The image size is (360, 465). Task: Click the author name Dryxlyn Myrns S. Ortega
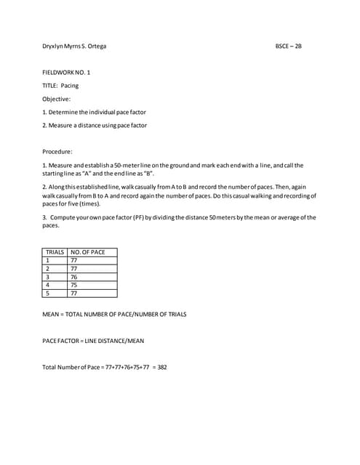[79, 46]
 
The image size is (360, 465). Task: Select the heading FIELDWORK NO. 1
[67, 73]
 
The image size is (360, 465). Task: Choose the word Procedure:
[58, 152]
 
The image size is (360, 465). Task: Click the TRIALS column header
[55, 252]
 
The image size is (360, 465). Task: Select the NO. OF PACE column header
[88, 252]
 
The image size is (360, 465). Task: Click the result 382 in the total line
[161, 367]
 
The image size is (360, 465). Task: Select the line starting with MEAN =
[114, 314]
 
